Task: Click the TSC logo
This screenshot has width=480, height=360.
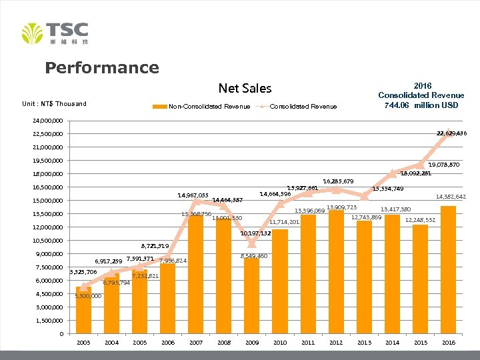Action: (55, 33)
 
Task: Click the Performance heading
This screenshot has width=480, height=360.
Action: (102, 68)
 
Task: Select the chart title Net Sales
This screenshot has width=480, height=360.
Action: (245, 88)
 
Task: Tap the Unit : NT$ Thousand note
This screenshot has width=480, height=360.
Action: (54, 103)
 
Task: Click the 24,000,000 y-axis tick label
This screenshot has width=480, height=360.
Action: (47, 121)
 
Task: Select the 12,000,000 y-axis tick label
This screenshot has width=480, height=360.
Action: (47, 227)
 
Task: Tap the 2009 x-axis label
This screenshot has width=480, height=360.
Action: (252, 342)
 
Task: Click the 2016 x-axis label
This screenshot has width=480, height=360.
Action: (448, 342)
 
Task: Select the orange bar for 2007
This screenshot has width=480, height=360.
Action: (196, 273)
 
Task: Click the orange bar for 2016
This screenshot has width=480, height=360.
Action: (448, 269)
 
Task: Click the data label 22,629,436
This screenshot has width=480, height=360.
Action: (451, 134)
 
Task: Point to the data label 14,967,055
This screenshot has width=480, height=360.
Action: (193, 195)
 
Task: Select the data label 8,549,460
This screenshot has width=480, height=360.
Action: (253, 256)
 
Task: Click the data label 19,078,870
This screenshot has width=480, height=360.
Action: (443, 164)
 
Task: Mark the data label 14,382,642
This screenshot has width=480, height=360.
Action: (451, 197)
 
